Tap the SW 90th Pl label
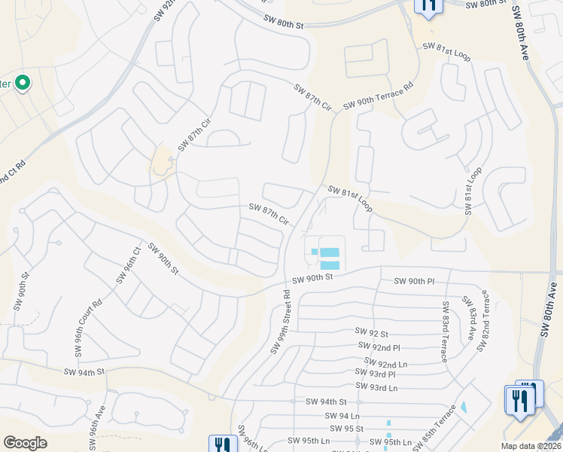pos(414,281)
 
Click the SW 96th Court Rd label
pos(87,329)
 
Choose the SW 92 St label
pos(371,332)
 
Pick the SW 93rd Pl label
pos(375,374)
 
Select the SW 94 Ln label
pos(342,415)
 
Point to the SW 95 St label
pos(348,428)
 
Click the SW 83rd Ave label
pos(470,318)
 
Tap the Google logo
pos(25,443)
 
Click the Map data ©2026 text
pos(531,446)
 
